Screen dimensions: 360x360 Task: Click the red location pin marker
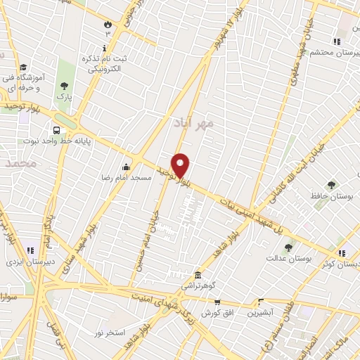click(181, 165)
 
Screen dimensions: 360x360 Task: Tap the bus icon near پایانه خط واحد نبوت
click(56, 129)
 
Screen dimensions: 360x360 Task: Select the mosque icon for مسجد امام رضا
click(126, 167)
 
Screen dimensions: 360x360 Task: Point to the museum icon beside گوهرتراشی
click(198, 275)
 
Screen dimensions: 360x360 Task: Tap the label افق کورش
click(217, 313)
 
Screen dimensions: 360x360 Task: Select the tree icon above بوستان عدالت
click(288, 247)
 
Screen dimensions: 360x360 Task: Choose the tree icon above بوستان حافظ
click(331, 185)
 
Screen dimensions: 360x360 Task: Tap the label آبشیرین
click(260, 313)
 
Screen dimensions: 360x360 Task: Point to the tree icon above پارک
click(64, 84)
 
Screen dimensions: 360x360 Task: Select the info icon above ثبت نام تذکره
click(105, 48)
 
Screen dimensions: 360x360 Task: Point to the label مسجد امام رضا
click(126, 179)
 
